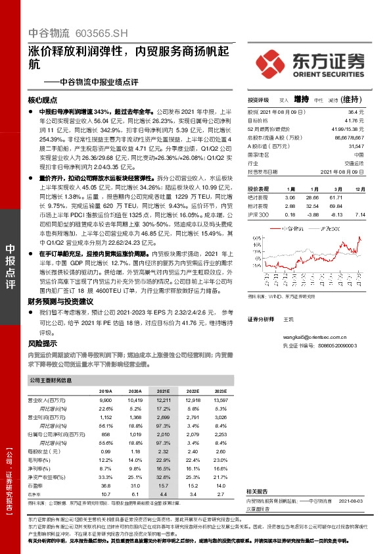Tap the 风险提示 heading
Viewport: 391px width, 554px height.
pos(43,343)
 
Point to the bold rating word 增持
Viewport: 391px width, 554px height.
pos(301,99)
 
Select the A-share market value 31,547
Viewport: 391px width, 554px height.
pos(356,145)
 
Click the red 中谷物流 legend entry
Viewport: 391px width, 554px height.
pos(290,228)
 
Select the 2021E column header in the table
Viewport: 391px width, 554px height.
pos(162,390)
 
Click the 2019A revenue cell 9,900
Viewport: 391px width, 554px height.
pos(106,400)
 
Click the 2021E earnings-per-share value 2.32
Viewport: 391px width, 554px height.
pos(163,452)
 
